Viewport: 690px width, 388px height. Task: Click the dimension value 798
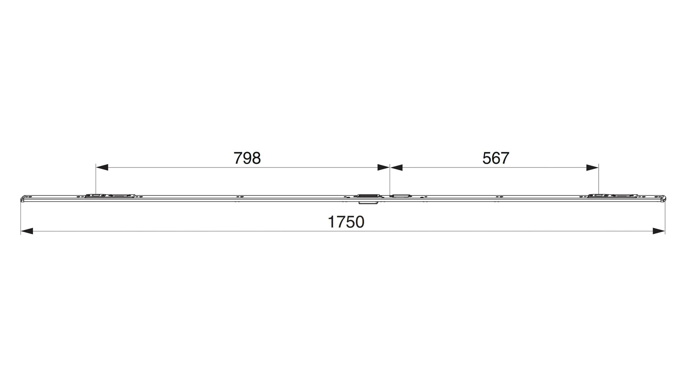click(247, 158)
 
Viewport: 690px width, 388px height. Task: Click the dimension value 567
click(496, 158)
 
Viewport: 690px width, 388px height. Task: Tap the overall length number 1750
click(346, 222)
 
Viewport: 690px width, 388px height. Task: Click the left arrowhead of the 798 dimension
click(102, 167)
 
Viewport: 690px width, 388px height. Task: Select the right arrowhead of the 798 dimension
click(383, 167)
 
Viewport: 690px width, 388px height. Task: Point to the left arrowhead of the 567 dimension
click(396, 167)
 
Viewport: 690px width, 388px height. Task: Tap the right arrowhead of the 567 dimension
click(592, 167)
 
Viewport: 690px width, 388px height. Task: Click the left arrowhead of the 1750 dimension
click(27, 231)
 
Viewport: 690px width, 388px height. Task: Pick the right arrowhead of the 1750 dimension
click(659, 231)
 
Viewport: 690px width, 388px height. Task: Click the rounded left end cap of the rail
click(24, 199)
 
